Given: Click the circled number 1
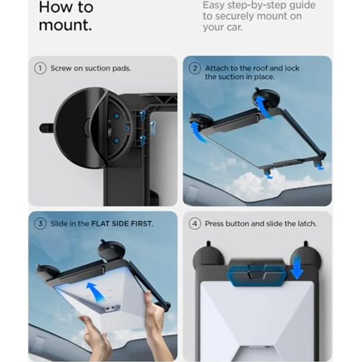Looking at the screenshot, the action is coord(40,68).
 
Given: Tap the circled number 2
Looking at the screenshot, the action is coord(195,68).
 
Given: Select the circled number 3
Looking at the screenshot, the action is coord(40,224).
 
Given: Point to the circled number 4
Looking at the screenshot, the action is coord(195,224).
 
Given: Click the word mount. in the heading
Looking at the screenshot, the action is coord(65,25).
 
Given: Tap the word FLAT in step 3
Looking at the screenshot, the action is coord(100,224).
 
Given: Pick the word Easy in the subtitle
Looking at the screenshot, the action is coord(213,5).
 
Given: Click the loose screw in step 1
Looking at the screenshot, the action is coord(152,128).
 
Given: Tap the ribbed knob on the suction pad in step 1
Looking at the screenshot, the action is coord(46,128).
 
